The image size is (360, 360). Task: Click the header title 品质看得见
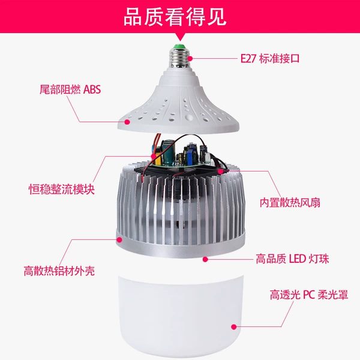(175, 17)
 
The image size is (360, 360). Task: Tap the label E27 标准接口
(270, 59)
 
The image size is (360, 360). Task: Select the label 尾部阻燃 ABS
(70, 89)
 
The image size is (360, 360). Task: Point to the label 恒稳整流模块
(62, 189)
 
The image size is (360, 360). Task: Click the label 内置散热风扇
(290, 203)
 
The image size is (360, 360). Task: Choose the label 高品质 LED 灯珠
(292, 259)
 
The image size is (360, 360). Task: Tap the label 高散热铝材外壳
(59, 271)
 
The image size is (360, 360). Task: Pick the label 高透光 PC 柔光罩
(309, 295)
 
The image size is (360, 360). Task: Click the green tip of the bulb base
(180, 46)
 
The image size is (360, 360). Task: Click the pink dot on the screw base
(190, 59)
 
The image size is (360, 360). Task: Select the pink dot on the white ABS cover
(127, 122)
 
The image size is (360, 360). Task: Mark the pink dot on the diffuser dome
(234, 327)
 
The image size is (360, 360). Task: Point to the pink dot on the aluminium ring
(119, 239)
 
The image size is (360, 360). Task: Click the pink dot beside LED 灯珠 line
(205, 259)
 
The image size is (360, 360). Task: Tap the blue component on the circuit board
(190, 154)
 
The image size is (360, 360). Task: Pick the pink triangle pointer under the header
(180, 37)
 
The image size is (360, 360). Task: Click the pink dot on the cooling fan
(220, 171)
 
